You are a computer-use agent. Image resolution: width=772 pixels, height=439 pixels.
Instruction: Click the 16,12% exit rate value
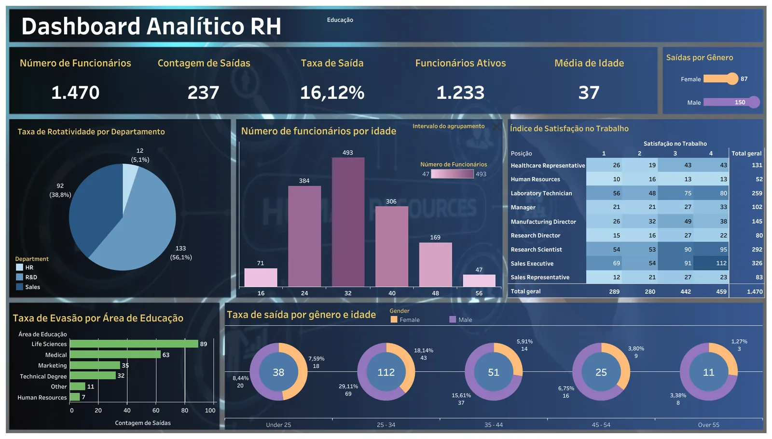[x=332, y=93]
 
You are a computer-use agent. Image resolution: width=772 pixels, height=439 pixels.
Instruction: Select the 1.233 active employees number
[x=460, y=93]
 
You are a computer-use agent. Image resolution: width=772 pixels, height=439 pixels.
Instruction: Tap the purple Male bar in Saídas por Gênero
[x=731, y=102]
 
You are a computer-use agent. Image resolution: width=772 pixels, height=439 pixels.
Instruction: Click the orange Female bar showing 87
[x=720, y=79]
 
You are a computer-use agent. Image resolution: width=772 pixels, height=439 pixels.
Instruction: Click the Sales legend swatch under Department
[x=19, y=287]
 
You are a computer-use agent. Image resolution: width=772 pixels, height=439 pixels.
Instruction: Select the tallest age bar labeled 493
[x=348, y=222]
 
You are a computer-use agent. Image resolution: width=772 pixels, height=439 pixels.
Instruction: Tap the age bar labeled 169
[x=436, y=265]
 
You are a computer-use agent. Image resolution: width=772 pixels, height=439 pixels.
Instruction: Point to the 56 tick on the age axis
[x=479, y=293]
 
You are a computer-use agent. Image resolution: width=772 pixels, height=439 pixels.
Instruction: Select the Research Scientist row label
[x=536, y=249]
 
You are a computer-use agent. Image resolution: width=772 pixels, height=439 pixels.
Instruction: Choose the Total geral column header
[x=746, y=154]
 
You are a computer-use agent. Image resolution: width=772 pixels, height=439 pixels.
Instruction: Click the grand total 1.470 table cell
[x=755, y=292]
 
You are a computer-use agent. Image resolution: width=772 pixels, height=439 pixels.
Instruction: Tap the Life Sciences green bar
[x=134, y=344]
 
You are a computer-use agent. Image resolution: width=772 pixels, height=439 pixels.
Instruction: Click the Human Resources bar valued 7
[x=75, y=397]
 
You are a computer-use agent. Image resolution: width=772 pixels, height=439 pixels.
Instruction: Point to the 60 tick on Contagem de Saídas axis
[x=156, y=411]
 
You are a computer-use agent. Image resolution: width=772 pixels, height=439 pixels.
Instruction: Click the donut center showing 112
[x=386, y=372]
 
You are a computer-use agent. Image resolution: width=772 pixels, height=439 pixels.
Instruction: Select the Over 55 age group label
[x=709, y=425]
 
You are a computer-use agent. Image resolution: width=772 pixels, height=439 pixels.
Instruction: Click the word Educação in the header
[x=340, y=20]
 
